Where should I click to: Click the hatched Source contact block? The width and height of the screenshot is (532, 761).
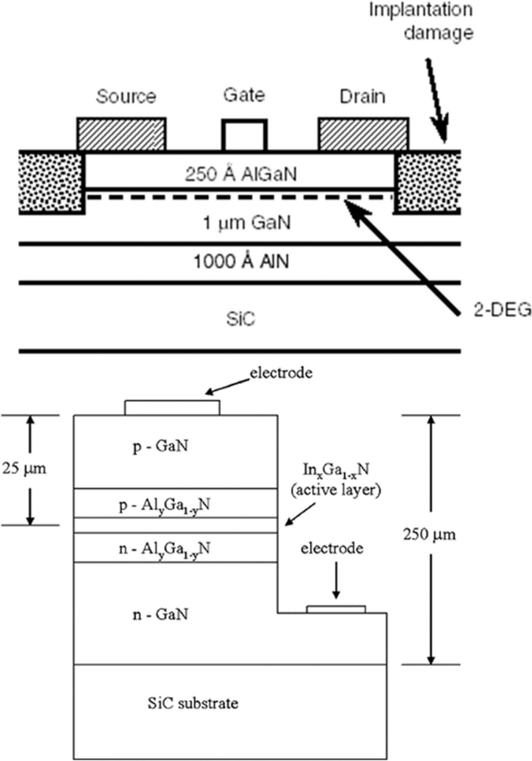pos(121,134)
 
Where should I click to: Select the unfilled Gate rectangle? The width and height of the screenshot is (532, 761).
pos(244,136)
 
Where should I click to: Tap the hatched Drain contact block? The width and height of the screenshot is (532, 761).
pos(363,134)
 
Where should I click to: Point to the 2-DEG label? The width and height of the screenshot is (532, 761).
pos(501,311)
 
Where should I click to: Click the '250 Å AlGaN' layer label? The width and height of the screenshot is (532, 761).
pos(241,174)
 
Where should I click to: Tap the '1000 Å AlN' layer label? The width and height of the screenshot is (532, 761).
pos(241,262)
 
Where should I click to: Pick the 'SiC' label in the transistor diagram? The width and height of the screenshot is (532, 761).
pos(240,319)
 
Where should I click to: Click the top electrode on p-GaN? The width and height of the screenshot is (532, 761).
pos(172,408)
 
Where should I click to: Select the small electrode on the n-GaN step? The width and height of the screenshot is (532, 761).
pos(336,609)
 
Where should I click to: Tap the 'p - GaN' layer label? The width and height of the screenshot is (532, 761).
pos(160,446)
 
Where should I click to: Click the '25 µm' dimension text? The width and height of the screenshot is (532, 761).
pos(24,468)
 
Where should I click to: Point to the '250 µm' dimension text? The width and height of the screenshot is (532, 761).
pos(429,535)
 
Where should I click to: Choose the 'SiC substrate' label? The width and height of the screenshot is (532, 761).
pos(193,703)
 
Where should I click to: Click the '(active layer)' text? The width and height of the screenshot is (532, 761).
pos(336,490)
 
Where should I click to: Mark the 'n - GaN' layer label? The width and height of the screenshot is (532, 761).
pos(160,614)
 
